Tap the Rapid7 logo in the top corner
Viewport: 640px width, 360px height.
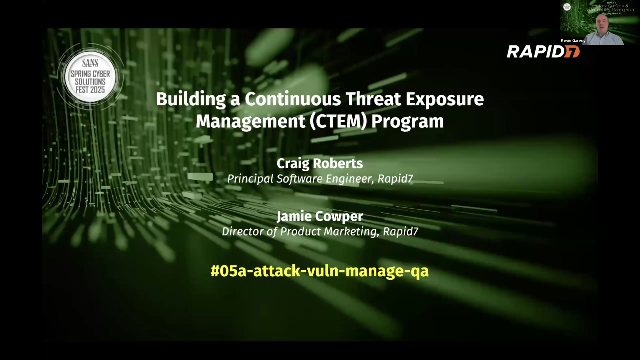pos(543,51)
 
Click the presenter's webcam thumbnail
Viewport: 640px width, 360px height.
pos(598,21)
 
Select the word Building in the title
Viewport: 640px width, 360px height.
pos(187,100)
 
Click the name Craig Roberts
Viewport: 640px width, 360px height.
pos(320,163)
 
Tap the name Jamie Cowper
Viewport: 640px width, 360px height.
pos(320,214)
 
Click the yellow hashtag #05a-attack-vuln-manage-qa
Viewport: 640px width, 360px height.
pos(320,270)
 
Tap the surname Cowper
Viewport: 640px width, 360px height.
pos(342,214)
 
